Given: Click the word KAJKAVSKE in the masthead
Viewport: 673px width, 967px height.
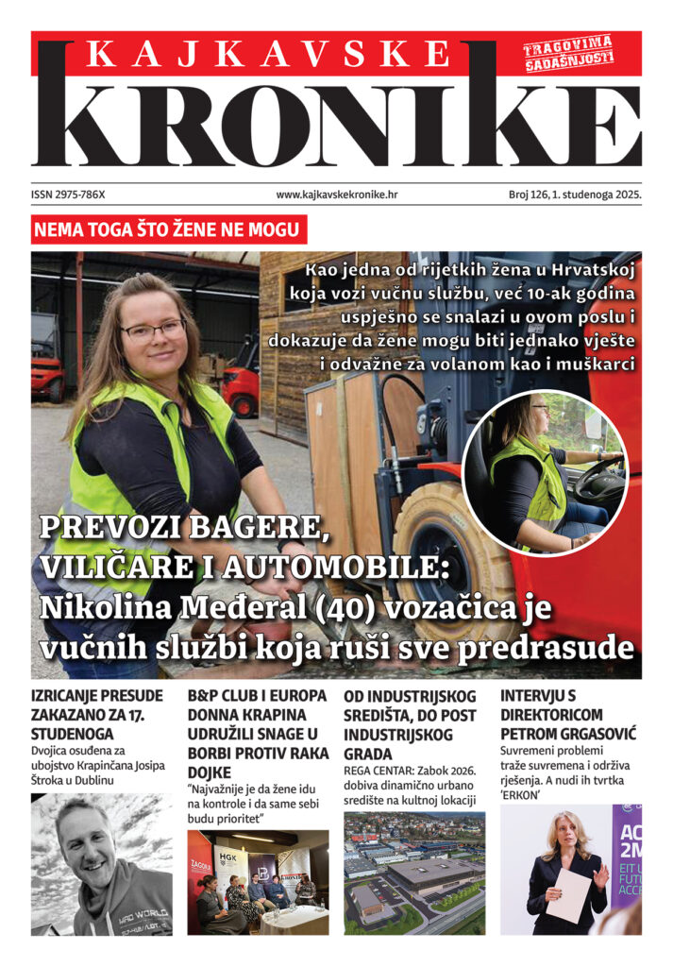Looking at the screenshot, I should pyautogui.click(x=268, y=55).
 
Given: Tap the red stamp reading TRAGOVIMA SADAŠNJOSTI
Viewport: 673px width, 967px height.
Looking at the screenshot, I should pyautogui.click(x=569, y=53).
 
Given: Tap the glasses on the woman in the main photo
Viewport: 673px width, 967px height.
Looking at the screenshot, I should pyautogui.click(x=153, y=331).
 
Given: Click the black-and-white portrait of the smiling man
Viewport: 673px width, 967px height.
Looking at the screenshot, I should pyautogui.click(x=101, y=864).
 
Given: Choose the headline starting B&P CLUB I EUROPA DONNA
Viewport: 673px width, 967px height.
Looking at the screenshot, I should pyautogui.click(x=257, y=724).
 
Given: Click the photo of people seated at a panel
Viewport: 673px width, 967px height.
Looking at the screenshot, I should pyautogui.click(x=258, y=882).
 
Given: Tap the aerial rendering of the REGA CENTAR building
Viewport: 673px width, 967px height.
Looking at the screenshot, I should pyautogui.click(x=413, y=874).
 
